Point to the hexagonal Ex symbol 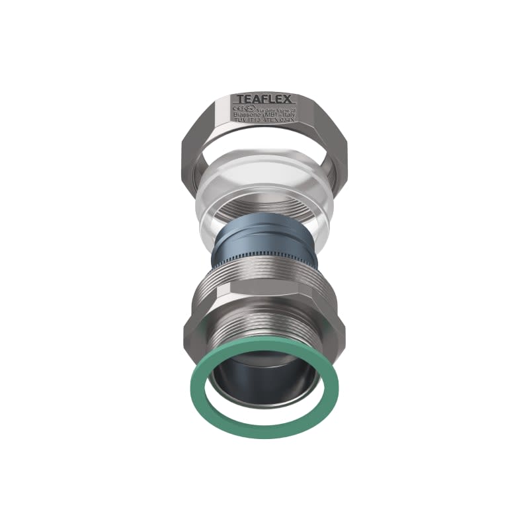coord(249,108)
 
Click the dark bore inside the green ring coord(264,384)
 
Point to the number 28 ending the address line coord(291,109)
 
